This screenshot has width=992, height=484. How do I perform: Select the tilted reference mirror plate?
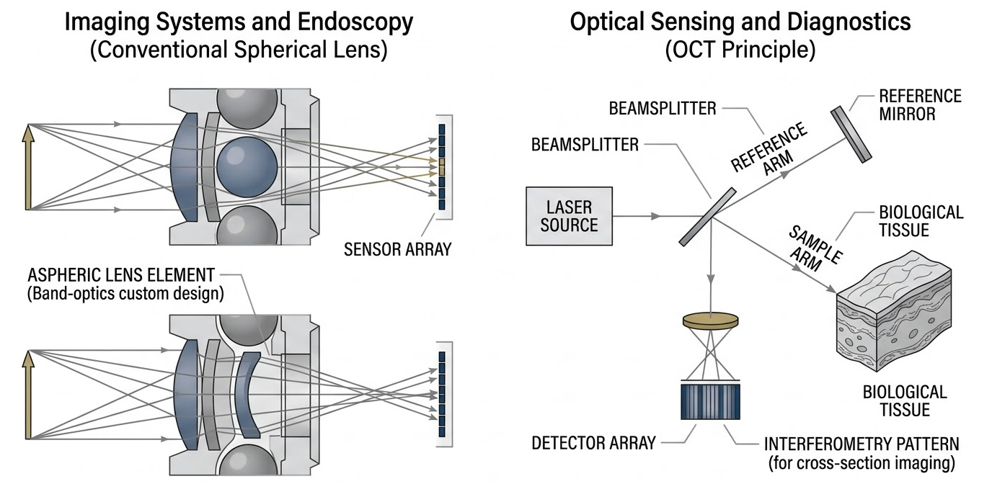[851, 135]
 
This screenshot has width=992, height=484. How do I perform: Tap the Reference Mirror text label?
[920, 105]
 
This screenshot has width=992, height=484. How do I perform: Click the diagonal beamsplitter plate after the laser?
[707, 217]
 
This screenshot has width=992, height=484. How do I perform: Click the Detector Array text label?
[593, 442]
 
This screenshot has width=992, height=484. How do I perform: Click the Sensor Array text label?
[397, 249]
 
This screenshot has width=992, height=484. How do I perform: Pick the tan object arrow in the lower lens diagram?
[29, 394]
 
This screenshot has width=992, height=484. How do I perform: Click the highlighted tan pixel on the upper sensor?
[442, 169]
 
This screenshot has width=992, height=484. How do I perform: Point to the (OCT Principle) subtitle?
[740, 51]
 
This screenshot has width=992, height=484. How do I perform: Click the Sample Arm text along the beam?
[811, 248]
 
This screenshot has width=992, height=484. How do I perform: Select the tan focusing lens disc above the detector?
[710, 321]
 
